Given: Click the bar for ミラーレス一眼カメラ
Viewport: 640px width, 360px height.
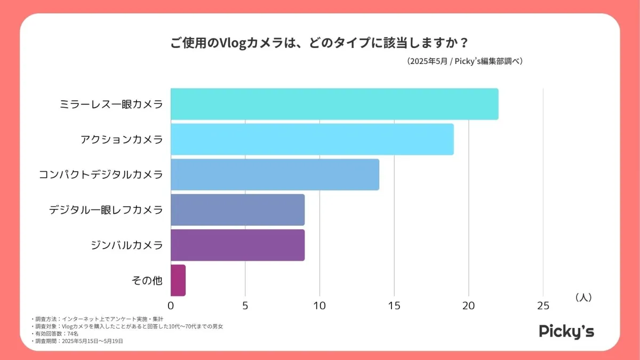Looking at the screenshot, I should coord(334,104).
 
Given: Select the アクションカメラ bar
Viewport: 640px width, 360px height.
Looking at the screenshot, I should coord(312,139).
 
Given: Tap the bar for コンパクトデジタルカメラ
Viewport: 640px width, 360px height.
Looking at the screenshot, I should coord(275,174).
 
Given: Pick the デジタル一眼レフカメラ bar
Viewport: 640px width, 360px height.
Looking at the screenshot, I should coord(237,210).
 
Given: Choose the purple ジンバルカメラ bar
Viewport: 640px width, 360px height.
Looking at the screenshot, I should coord(237,245).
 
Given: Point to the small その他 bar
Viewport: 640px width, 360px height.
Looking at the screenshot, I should coord(178,280).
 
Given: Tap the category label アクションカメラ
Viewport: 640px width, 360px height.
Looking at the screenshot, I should coord(122,140).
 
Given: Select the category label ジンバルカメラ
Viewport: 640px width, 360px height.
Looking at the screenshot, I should coord(127,245).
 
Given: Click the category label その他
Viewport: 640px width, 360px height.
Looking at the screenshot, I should coord(147,281).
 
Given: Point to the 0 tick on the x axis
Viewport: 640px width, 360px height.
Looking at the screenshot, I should coord(171,306).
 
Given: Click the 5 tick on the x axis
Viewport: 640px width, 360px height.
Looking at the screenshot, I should coord(245,306).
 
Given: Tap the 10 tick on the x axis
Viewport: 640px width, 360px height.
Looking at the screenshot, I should coord(319,306).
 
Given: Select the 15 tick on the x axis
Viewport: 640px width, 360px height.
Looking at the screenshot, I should coord(394,306).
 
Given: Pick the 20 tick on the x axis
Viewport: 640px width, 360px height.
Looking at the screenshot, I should coord(468,306).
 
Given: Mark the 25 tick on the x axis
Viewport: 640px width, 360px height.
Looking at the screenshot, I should coord(543,306).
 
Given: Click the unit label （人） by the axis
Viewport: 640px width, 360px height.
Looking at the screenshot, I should coord(583,298).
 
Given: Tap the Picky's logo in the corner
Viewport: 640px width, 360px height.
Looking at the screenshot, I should coord(566,331).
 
